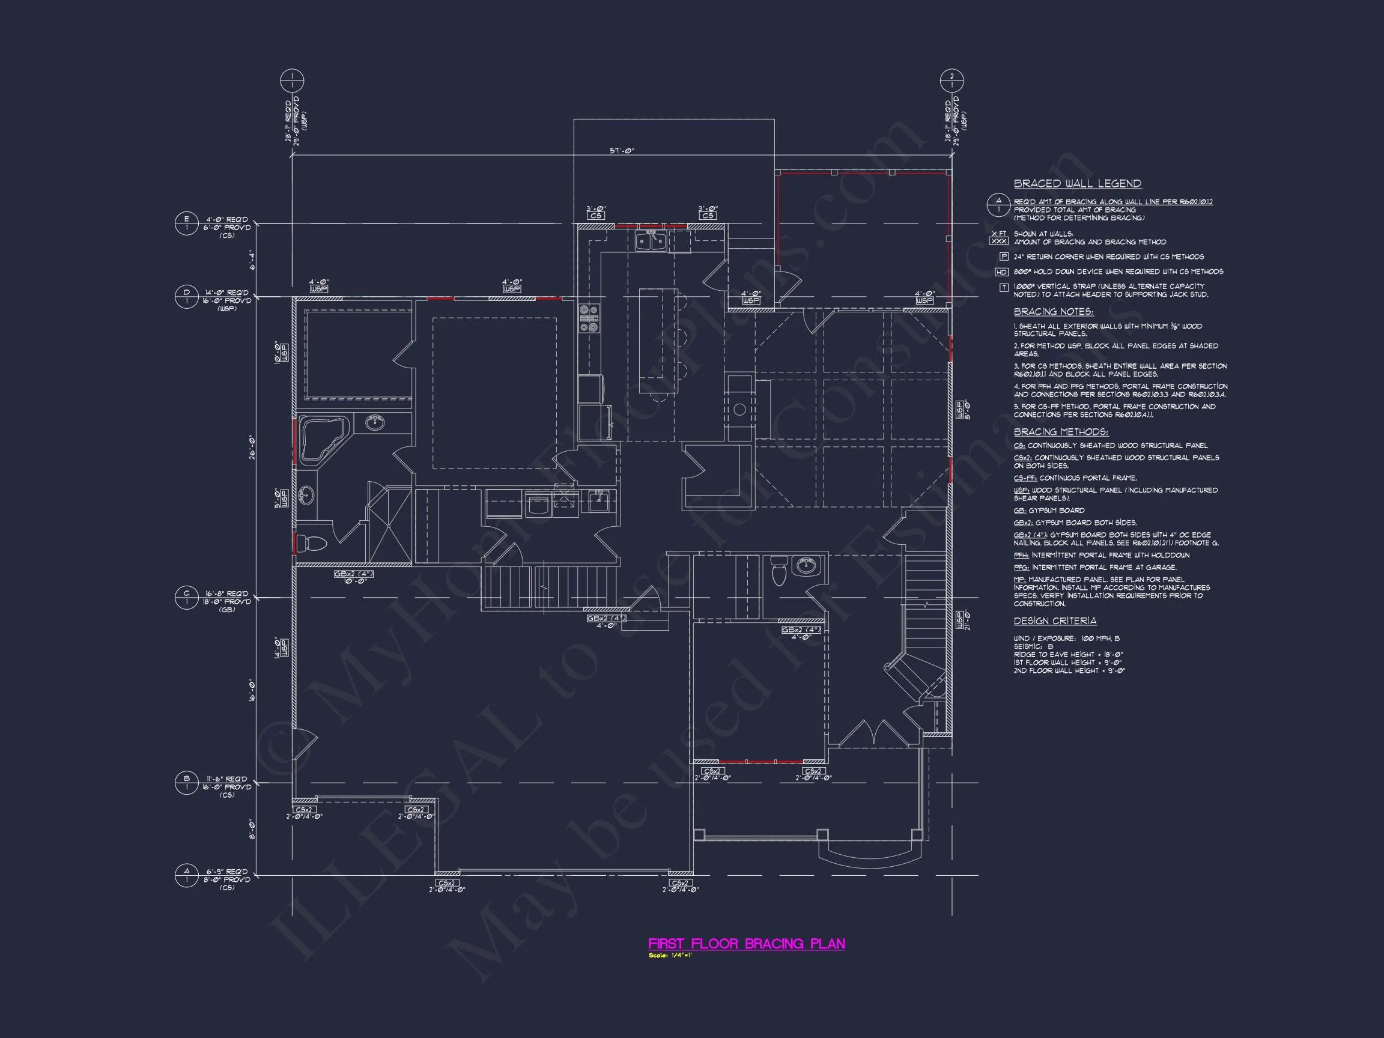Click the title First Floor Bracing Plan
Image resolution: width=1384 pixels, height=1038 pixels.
click(x=746, y=944)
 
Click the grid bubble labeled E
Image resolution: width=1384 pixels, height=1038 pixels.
click(x=186, y=223)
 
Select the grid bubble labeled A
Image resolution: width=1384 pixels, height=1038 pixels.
click(x=186, y=875)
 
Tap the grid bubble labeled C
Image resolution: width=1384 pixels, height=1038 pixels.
click(x=186, y=597)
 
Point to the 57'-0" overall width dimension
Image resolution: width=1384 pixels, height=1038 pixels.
click(x=622, y=151)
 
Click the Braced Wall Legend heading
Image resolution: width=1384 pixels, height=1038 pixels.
click(x=1078, y=183)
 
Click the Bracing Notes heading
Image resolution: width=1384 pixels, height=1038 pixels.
click(x=1054, y=312)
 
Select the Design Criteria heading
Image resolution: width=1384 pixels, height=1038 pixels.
click(x=1055, y=621)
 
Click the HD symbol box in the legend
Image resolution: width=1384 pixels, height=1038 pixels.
click(x=1002, y=272)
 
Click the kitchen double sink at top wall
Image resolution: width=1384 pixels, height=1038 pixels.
click(x=651, y=241)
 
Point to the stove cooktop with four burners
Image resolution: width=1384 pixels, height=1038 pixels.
click(x=589, y=318)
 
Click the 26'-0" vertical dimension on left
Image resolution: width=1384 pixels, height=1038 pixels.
click(x=252, y=447)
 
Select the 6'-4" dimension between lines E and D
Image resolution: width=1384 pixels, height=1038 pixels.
click(x=252, y=259)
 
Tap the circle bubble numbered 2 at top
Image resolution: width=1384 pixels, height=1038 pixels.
click(x=951, y=80)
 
